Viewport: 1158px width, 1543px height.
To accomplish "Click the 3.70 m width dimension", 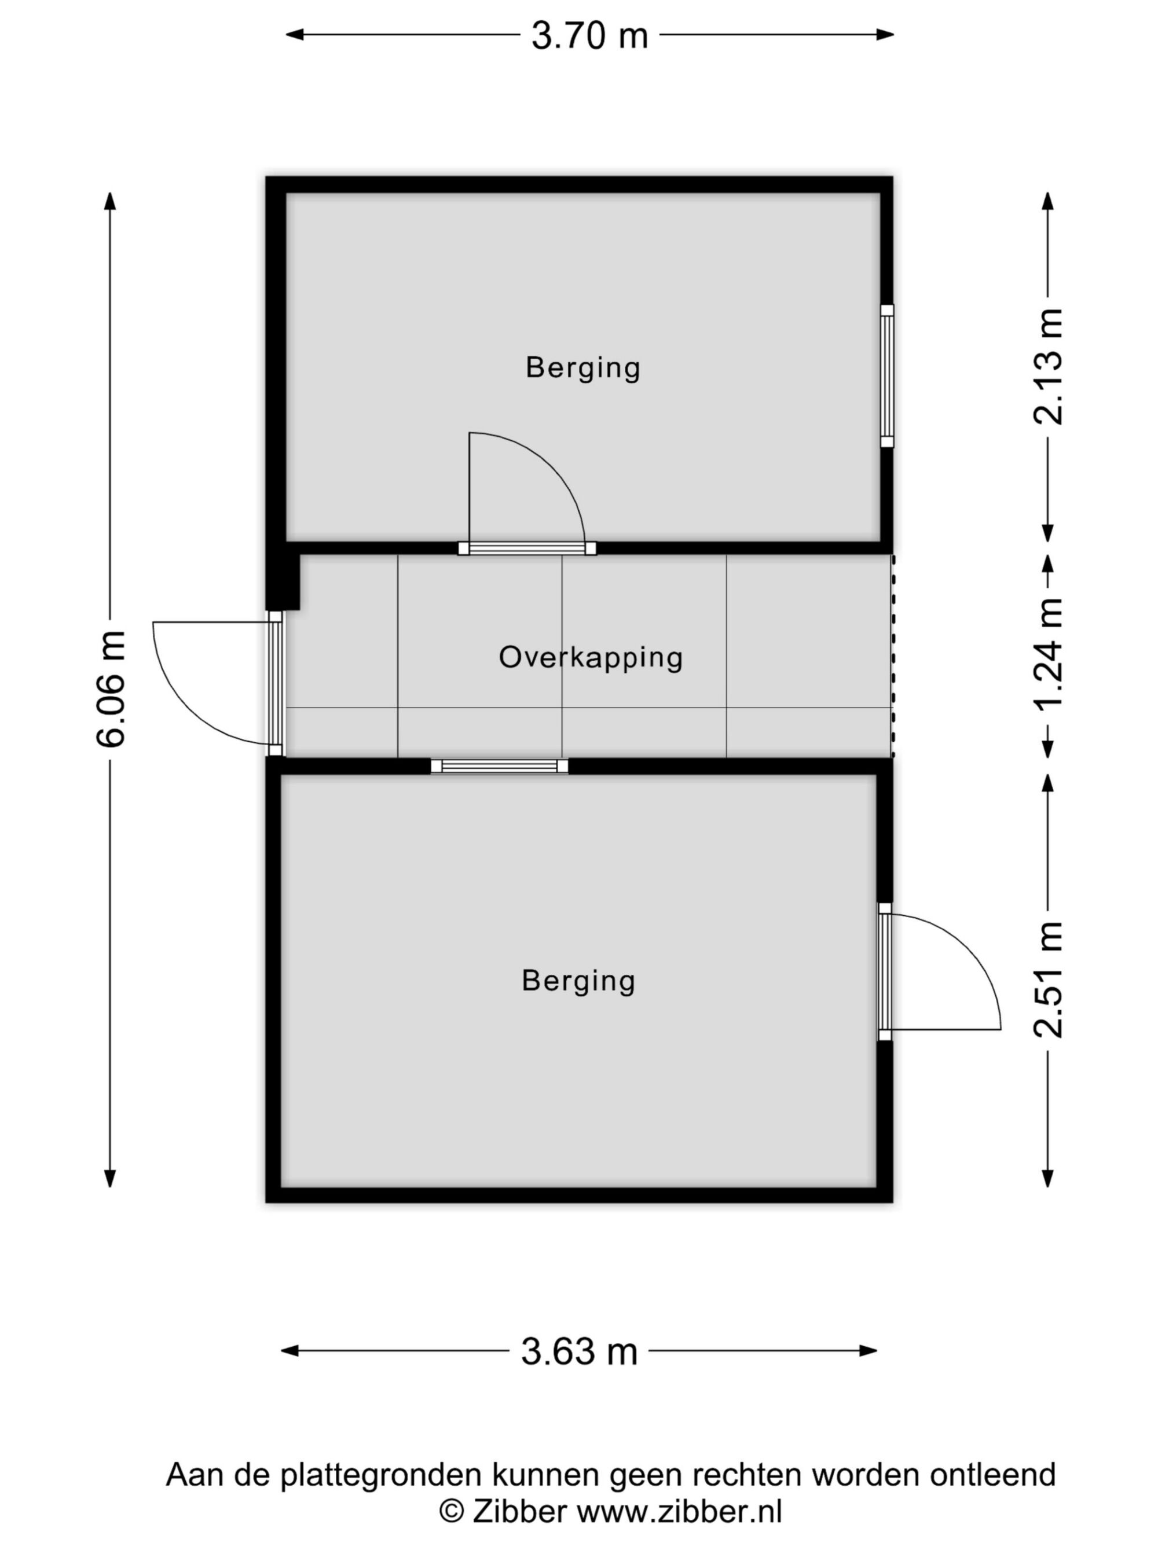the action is pyautogui.click(x=590, y=35).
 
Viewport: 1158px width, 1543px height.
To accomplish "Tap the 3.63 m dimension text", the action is pyautogui.click(x=580, y=1351).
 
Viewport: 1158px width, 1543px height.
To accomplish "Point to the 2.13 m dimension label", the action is pyautogui.click(x=1048, y=366).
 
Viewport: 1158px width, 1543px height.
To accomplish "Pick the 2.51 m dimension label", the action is pyautogui.click(x=1048, y=979).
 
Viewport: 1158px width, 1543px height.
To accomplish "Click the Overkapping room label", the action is pyautogui.click(x=591, y=658).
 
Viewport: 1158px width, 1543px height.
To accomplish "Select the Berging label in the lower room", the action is pyautogui.click(x=578, y=981).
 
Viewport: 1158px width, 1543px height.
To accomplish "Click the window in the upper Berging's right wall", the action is pyautogui.click(x=886, y=375).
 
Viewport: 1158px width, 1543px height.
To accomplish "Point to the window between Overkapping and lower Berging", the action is pyautogui.click(x=499, y=766).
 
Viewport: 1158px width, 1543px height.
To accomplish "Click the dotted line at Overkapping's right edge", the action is pyautogui.click(x=893, y=656).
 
